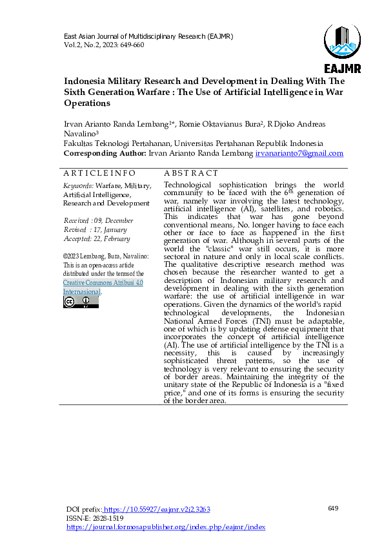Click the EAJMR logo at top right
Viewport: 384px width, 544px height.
pos(342,49)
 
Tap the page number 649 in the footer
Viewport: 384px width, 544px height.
pos(333,508)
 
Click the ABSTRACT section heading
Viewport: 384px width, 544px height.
pos(191,173)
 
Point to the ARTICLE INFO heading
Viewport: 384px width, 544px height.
pos(99,173)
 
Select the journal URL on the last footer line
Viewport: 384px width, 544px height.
pos(166,527)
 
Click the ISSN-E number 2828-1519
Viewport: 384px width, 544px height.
pos(108,518)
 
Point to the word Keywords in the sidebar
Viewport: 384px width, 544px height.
pos(77,186)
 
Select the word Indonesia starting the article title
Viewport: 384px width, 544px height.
pos(86,81)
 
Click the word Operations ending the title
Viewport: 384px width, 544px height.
pos(87,103)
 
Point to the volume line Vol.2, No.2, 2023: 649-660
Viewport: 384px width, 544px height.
pos(103,45)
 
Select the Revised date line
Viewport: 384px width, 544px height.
pos(95,229)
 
